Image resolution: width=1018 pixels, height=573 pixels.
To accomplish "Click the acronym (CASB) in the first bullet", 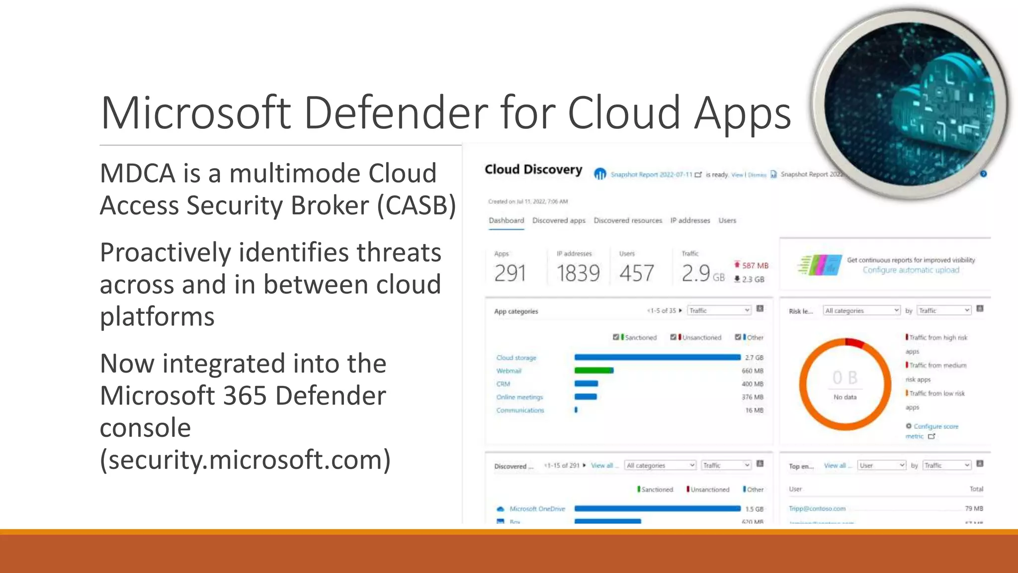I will pos(417,205).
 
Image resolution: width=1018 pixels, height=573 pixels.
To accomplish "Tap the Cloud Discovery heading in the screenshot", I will pos(533,170).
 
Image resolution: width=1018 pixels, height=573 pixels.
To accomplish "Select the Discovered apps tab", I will pos(559,220).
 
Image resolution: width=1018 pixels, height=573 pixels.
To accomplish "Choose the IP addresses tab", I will pos(690,220).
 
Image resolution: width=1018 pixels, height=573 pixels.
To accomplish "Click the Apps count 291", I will pos(510,274).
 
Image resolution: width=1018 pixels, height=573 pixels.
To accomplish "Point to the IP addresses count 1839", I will pos(578,274).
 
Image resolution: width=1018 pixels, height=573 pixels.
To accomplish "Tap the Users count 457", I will pos(637,274).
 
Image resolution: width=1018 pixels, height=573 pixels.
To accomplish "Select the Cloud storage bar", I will pos(657,357).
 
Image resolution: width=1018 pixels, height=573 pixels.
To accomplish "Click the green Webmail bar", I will pos(594,371).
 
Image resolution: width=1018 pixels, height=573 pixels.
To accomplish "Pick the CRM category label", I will pos(503,384).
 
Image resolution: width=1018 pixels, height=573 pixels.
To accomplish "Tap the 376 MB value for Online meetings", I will pos(752,397).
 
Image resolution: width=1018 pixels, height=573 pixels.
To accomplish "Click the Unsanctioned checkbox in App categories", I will pos(673,337).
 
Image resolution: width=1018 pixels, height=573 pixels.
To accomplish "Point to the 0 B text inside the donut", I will pos(845,378).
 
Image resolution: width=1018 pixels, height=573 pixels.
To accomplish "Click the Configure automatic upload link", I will pos(911,270).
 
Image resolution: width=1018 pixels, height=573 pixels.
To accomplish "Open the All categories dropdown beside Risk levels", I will pos(861,310).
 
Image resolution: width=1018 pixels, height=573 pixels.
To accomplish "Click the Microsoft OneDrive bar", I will pos(657,508).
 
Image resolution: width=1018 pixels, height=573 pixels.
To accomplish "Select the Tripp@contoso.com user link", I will pos(817,508).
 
